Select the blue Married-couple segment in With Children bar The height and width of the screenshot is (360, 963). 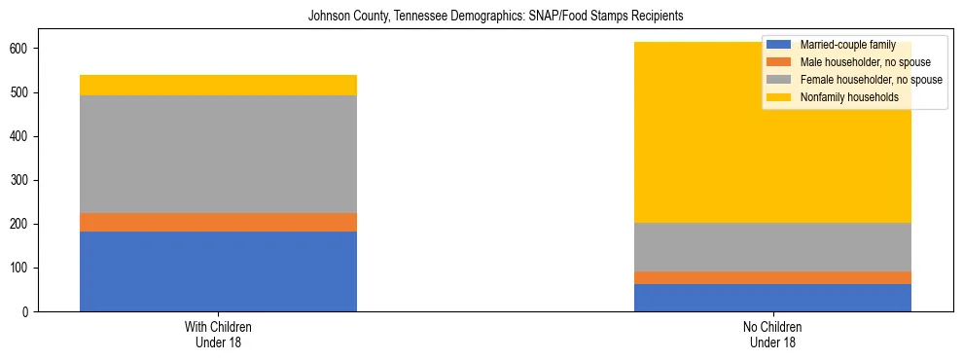click(218, 271)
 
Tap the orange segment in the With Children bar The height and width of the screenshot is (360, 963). click(218, 223)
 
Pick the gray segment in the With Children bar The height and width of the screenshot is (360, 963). click(218, 154)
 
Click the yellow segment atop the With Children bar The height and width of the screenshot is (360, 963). click(218, 85)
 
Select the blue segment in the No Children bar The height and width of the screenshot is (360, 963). click(772, 298)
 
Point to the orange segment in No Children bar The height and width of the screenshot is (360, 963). click(772, 278)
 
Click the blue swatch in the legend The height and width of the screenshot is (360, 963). click(779, 45)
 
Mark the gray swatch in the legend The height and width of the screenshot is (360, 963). click(779, 80)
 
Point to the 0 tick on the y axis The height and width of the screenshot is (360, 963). click(27, 312)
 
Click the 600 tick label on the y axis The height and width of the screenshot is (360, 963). click(20, 49)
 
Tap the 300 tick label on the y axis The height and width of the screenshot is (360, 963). click(20, 180)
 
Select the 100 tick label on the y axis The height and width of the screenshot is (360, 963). click(20, 269)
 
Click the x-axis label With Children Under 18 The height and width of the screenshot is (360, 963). click(218, 334)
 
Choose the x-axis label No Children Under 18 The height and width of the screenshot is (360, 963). click(772, 334)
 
